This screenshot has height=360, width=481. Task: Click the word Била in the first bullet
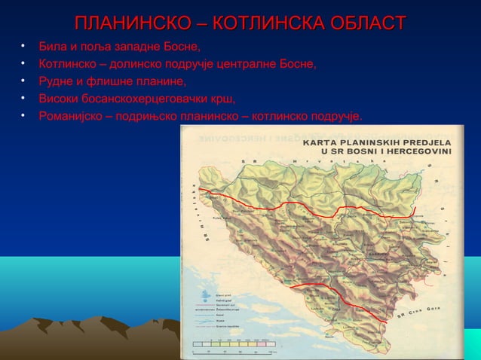coord(52,49)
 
